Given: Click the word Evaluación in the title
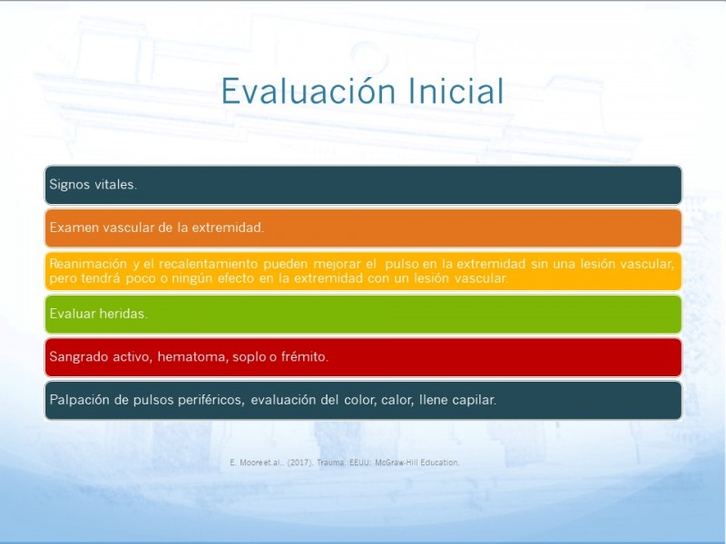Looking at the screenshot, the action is point(309,92).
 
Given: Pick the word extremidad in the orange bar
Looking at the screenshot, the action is point(228,228).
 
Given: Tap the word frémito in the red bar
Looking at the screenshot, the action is point(305,356).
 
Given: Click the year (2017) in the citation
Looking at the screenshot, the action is point(301,462).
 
